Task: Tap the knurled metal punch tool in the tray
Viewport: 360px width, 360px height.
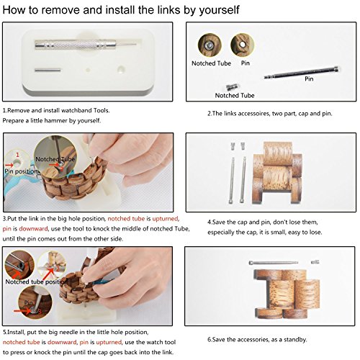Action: coord(86,45)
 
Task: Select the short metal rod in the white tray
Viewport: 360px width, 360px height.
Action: coord(48,70)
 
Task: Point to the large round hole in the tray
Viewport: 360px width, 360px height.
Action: coord(121,69)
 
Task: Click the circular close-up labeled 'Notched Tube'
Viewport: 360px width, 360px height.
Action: coord(210,45)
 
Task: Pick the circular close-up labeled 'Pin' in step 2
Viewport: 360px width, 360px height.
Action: coord(243,45)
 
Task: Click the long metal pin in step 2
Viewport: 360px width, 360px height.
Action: coord(302,73)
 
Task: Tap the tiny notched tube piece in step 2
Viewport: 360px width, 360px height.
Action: coord(233,87)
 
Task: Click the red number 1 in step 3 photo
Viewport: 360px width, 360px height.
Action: coord(17,155)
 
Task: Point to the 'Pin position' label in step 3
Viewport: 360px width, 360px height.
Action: coord(22,171)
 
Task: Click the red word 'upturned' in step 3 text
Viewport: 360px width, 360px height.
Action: coord(166,219)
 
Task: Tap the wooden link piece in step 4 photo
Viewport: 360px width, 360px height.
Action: coord(278,173)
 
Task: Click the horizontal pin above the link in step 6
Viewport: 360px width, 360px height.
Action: coord(274,263)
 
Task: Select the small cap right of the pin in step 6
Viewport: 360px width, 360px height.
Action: coord(315,262)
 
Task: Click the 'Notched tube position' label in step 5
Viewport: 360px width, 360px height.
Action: coord(37,282)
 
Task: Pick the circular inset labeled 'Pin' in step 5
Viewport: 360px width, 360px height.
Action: coord(35,302)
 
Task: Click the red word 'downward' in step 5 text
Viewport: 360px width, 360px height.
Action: coord(62,342)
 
